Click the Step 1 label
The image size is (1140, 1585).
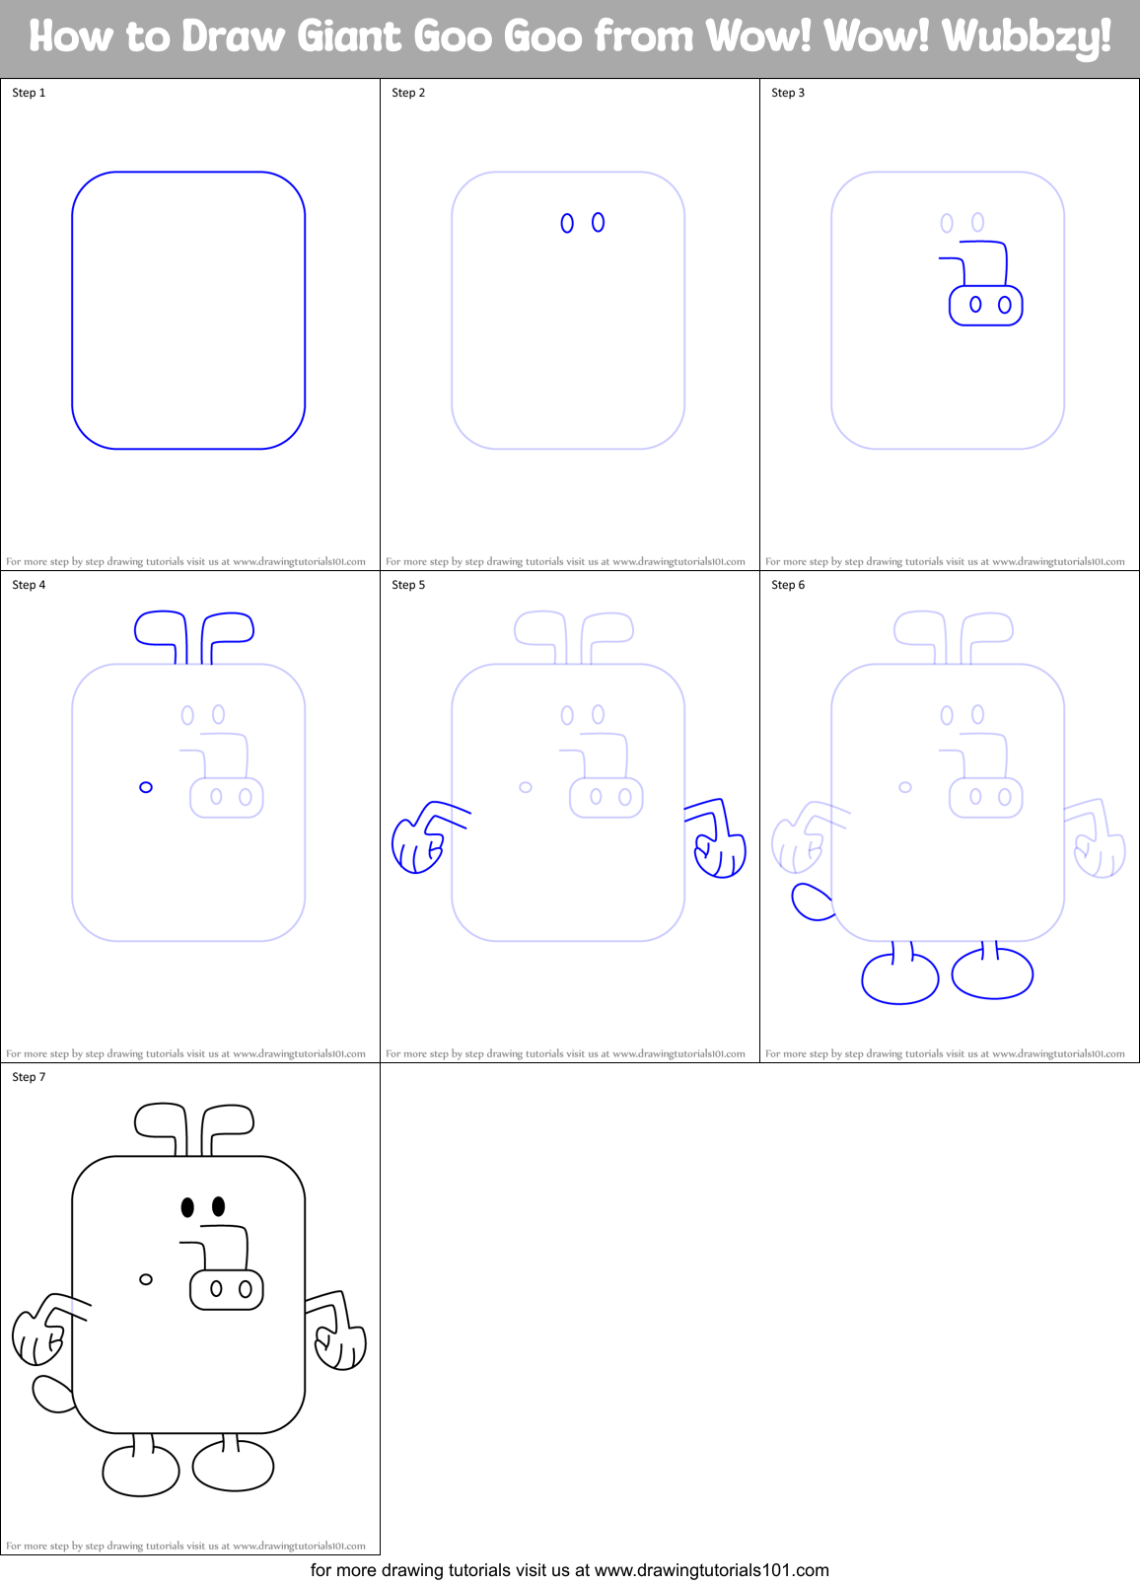(29, 93)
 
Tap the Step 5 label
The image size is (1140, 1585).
(408, 585)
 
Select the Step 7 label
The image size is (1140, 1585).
(29, 1077)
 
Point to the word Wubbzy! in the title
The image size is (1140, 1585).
(1027, 37)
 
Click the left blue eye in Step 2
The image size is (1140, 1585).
(567, 224)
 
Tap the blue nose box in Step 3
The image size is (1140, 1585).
(986, 305)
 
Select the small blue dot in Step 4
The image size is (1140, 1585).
(146, 787)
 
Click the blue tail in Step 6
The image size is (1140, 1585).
(812, 901)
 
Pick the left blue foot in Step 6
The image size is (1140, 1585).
(899, 978)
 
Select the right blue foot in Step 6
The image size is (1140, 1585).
(992, 973)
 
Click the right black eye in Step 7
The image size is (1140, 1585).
(219, 1206)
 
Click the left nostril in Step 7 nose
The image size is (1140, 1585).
(216, 1288)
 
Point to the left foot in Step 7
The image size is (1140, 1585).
(141, 1470)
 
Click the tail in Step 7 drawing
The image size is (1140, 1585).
(51, 1394)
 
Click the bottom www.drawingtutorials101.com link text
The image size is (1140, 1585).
(711, 1570)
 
